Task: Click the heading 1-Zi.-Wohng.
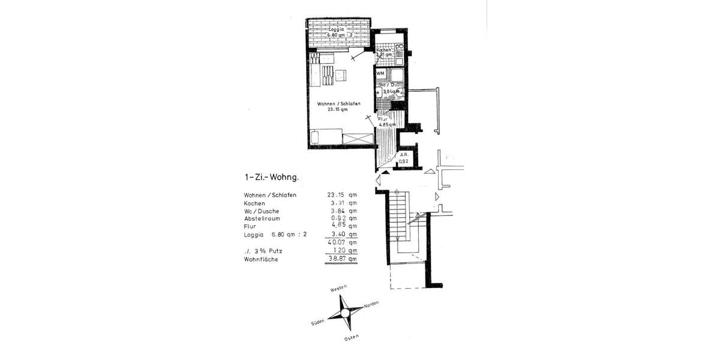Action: [x=271, y=177]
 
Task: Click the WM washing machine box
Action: [x=380, y=73]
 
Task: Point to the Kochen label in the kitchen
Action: [x=383, y=50]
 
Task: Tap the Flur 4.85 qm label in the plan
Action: [x=386, y=122]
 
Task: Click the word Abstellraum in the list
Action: [x=262, y=218]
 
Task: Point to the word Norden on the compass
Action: [x=371, y=305]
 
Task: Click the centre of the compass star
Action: [x=346, y=312]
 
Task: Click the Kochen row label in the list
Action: [x=254, y=203]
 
